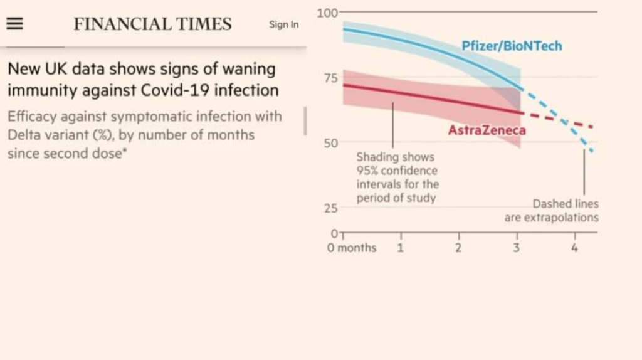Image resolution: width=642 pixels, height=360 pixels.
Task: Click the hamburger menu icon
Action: tap(14, 24)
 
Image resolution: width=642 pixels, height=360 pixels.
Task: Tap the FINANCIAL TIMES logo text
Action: tap(152, 24)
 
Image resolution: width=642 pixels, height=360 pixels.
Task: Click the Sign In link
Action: tap(283, 24)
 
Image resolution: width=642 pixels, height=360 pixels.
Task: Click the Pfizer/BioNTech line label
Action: tap(512, 46)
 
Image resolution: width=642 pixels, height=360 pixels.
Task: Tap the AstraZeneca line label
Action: tap(487, 130)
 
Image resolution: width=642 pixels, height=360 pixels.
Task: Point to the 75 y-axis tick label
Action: tap(330, 78)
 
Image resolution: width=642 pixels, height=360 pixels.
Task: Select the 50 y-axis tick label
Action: tap(330, 143)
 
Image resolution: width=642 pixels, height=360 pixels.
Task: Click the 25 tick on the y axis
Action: tap(330, 208)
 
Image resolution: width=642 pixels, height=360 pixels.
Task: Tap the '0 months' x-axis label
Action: tap(352, 248)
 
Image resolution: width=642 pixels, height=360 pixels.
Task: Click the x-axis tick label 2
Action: tap(458, 248)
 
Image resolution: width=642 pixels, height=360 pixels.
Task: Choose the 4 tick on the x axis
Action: tap(574, 248)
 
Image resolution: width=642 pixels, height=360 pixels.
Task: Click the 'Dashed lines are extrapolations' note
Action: tap(552, 211)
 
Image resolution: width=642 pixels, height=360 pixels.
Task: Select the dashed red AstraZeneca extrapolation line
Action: tap(564, 122)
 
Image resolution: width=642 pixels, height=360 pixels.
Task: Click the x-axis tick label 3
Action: tap(517, 248)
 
